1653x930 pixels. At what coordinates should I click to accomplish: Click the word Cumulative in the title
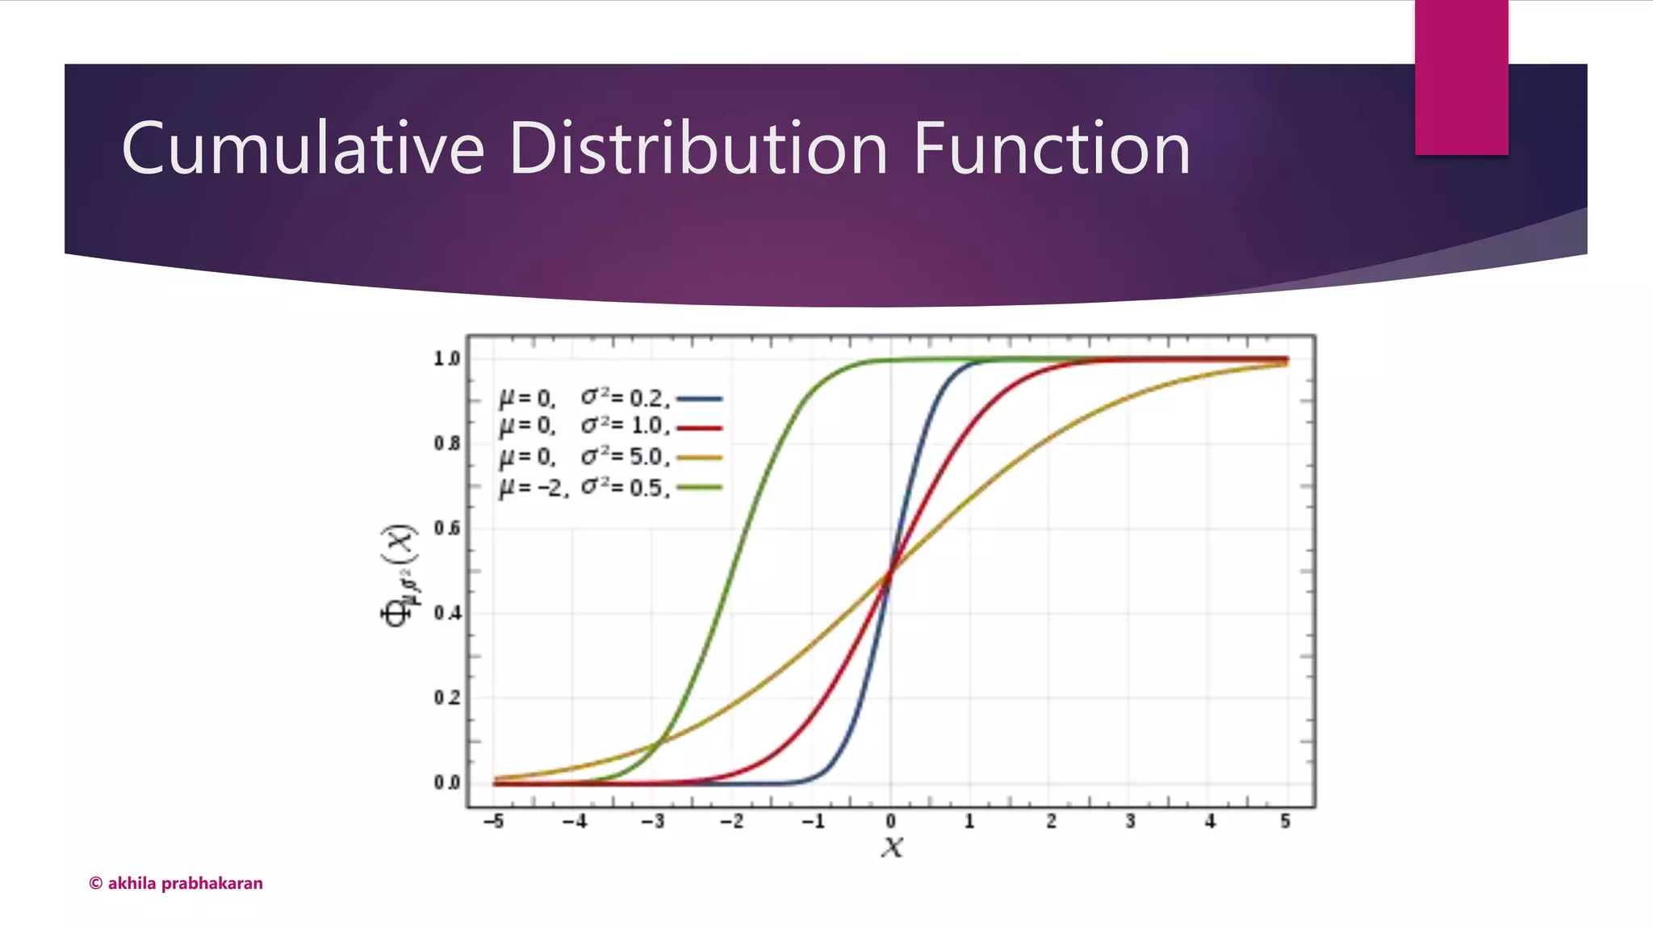(303, 149)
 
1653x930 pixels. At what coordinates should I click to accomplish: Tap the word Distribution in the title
(698, 149)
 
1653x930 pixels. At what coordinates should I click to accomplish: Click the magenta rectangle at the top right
(1461, 77)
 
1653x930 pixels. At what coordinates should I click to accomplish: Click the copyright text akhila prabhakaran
(176, 883)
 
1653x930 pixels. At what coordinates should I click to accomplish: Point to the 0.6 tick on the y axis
(447, 528)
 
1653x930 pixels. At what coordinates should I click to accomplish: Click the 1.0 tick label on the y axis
(447, 358)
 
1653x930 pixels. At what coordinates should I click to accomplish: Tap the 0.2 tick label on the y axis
(447, 697)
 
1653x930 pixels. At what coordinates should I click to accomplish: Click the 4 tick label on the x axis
(1210, 822)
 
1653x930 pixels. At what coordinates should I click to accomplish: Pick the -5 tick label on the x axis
(493, 822)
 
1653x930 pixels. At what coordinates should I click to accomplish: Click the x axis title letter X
(892, 847)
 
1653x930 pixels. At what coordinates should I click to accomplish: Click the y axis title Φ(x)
(398, 575)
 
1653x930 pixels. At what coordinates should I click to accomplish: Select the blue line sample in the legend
(699, 399)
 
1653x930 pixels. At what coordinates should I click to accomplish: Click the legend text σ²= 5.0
(625, 457)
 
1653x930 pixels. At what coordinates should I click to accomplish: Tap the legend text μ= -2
(534, 488)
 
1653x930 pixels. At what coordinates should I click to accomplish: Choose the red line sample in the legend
(699, 428)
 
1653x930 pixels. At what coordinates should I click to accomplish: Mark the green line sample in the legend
(699, 488)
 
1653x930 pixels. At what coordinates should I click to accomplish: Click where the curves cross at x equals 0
(890, 572)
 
